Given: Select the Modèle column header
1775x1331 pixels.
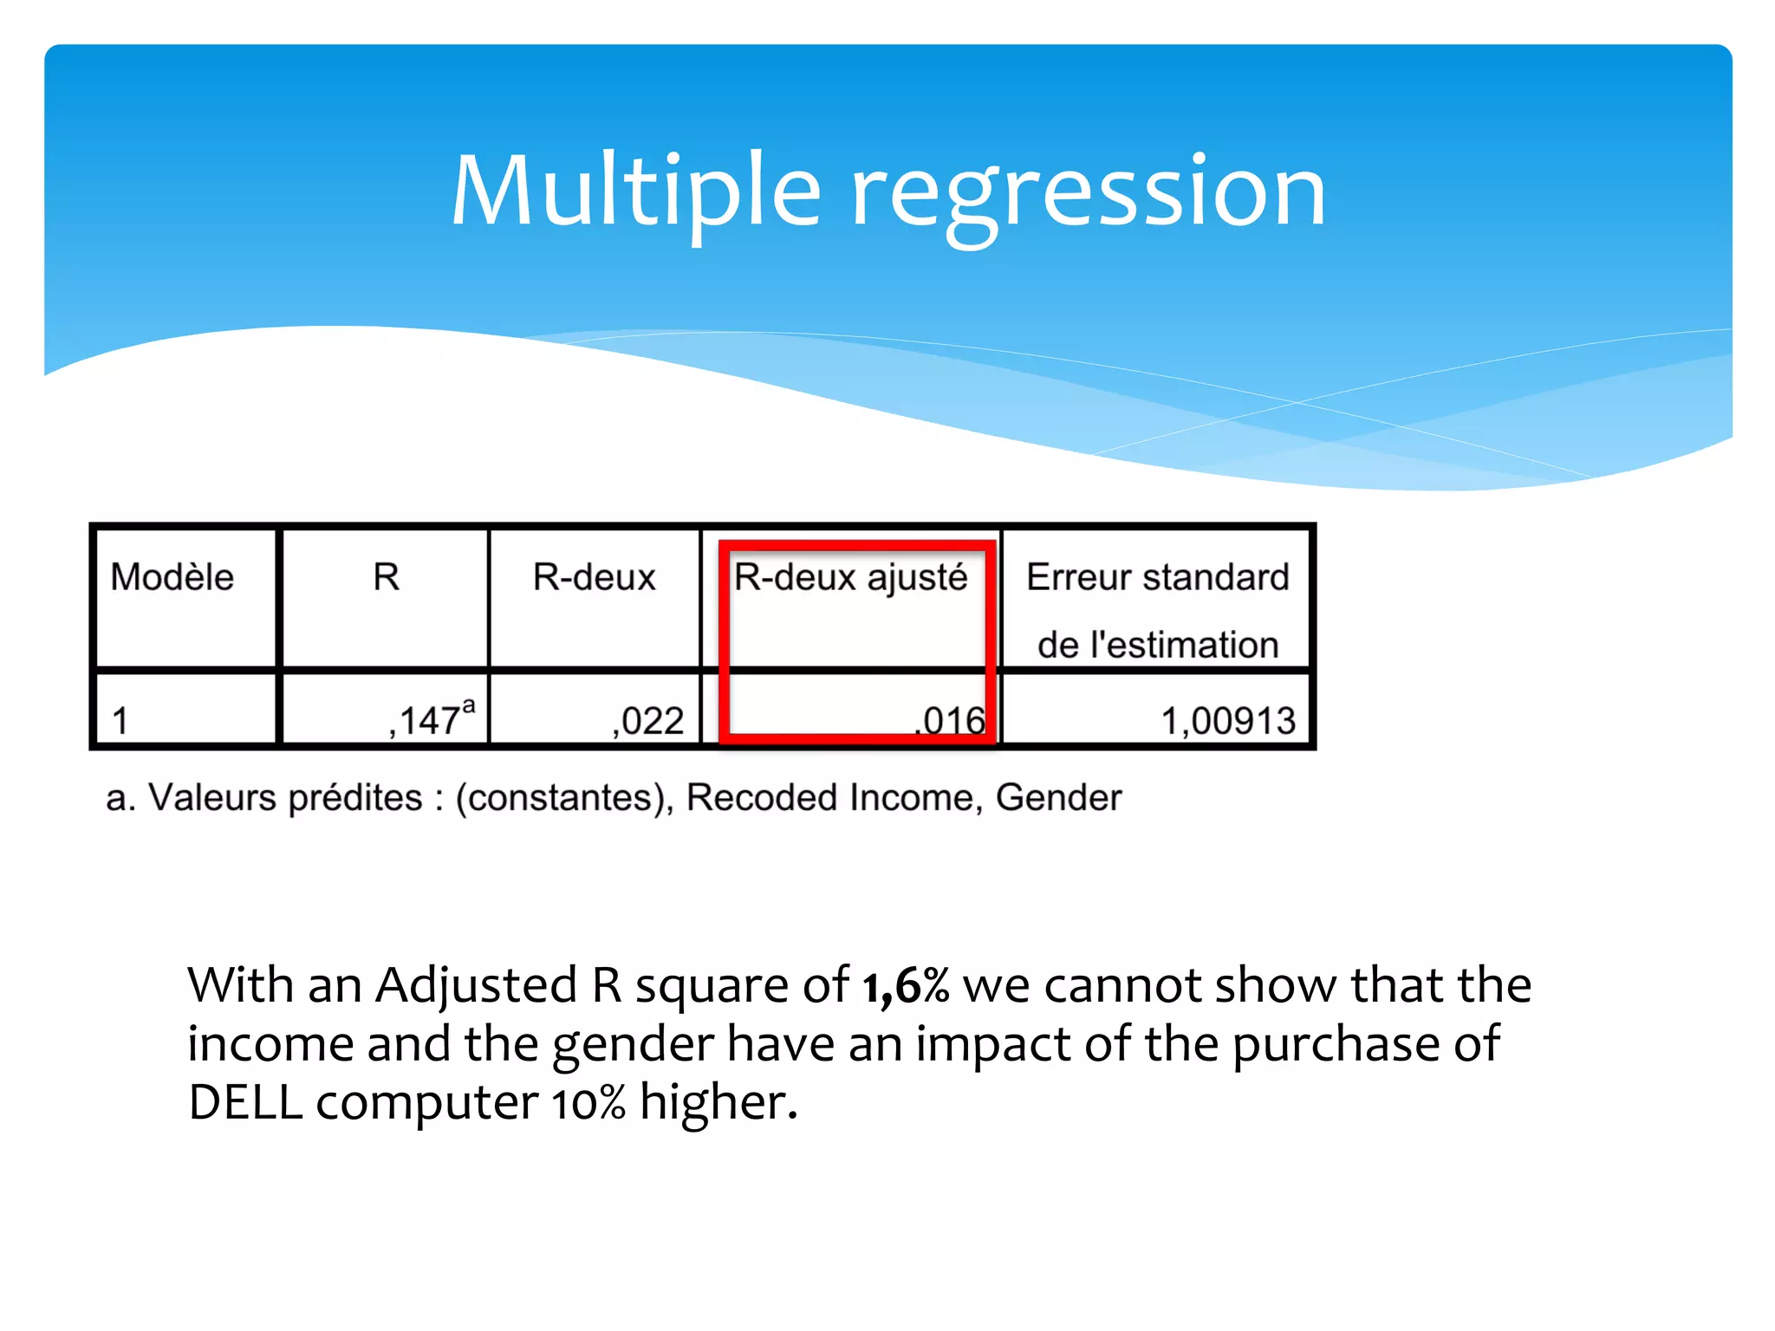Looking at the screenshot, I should point(172,577).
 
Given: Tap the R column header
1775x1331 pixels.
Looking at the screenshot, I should point(386,577).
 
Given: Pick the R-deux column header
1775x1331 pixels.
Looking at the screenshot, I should point(594,577).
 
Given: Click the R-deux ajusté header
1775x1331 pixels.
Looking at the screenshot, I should point(850,578).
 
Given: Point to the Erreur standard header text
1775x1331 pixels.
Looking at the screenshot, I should point(1157,577).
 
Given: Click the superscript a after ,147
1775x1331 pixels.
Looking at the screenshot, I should point(469,706).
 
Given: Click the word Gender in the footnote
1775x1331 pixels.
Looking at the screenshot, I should point(1058,797).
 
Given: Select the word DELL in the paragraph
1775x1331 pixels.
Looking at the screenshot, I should point(245,1103).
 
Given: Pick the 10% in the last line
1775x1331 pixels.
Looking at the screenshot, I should point(588,1103).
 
